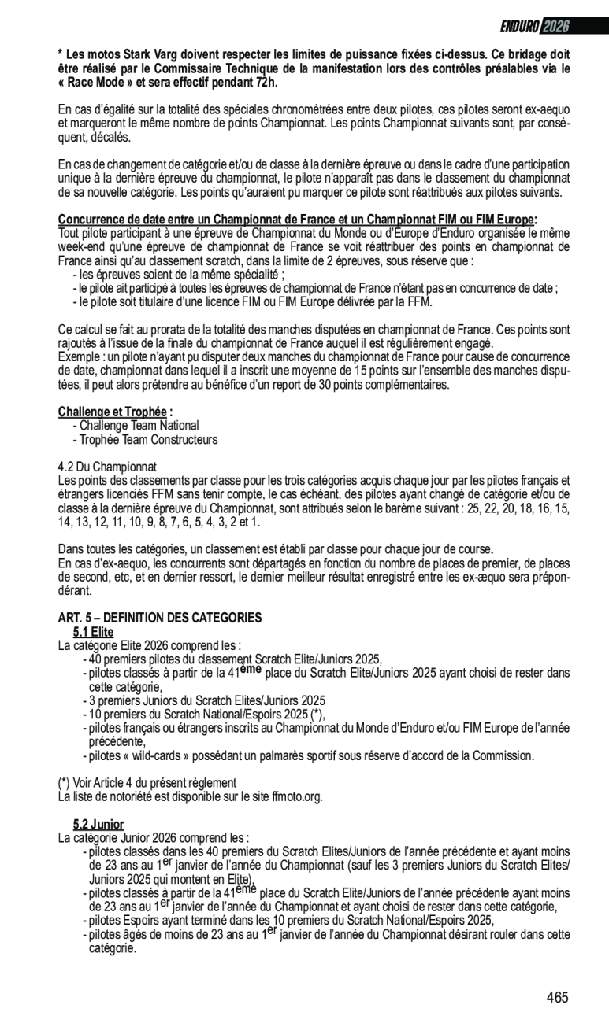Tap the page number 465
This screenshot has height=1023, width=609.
click(x=557, y=997)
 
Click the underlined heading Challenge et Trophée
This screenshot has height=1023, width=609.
click(x=112, y=412)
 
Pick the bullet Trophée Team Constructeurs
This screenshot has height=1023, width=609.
click(x=147, y=440)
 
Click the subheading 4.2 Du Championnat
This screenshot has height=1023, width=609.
click(x=107, y=467)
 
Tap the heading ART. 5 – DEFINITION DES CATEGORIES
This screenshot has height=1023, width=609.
click(x=160, y=618)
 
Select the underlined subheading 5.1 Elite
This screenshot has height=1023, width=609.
click(x=93, y=632)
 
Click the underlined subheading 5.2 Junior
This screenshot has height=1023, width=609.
click(x=98, y=824)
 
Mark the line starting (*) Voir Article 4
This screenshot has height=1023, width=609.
click(x=147, y=783)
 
